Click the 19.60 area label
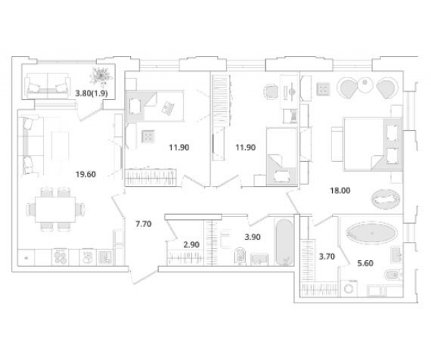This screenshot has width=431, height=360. pos(86,175)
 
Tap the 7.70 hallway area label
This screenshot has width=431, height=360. pos(143,224)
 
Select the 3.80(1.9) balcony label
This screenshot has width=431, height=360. pos(92,94)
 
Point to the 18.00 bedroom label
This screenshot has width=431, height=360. pos(340,191)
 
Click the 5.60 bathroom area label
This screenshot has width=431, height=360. pos(365,264)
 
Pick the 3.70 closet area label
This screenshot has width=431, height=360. pos(327,257)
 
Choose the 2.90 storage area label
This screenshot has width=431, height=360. pos(191,245)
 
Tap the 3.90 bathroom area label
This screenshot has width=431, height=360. pos(253,237)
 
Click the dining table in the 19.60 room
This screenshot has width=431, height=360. pos(55,210)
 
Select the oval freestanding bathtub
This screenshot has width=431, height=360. pos(372,233)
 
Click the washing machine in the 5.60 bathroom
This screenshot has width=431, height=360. pos(349,289)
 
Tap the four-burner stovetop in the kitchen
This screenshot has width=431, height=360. pos(60,258)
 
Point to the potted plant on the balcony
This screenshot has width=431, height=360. pos(101,76)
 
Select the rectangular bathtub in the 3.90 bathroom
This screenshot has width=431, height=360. pos(284,242)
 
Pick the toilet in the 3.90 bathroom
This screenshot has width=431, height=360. pos(240,256)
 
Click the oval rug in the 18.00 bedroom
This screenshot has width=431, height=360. pos(385,198)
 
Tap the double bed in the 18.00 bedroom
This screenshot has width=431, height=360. pos(372,144)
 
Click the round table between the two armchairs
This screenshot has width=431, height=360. pos(365,84)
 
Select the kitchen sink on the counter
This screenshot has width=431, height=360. pos(105,258)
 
